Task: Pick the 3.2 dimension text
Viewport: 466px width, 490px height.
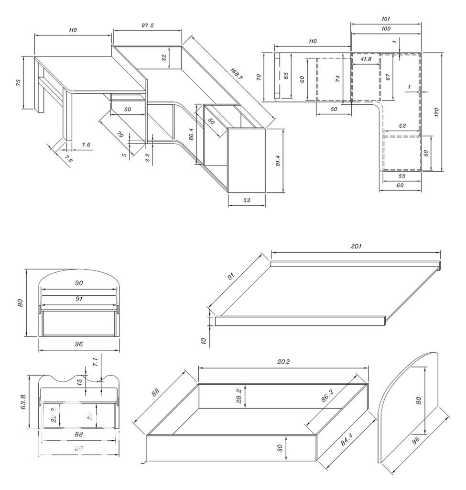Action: [x=148, y=158]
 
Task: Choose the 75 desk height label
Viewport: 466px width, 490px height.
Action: [x=18, y=82]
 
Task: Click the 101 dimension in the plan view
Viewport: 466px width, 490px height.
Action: [x=386, y=19]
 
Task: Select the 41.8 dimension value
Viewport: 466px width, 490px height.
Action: [x=367, y=59]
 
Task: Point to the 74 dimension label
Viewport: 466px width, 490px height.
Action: [x=338, y=79]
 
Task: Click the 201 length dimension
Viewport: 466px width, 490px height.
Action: [x=356, y=246]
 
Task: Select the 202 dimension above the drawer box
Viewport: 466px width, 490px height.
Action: [x=283, y=362]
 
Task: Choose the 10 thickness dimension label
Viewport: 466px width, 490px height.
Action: [x=203, y=341]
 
